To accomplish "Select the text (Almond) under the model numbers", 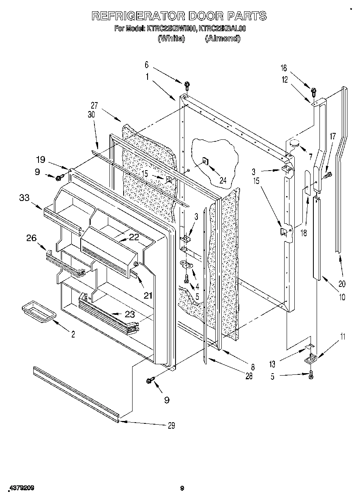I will pos(223,38).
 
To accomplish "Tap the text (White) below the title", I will pos(171,38).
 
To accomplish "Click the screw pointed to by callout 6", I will pos(187,85).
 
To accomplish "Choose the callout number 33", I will pos(24,198).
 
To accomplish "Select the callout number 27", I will pos(94,106).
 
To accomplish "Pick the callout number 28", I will pos(249,376).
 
